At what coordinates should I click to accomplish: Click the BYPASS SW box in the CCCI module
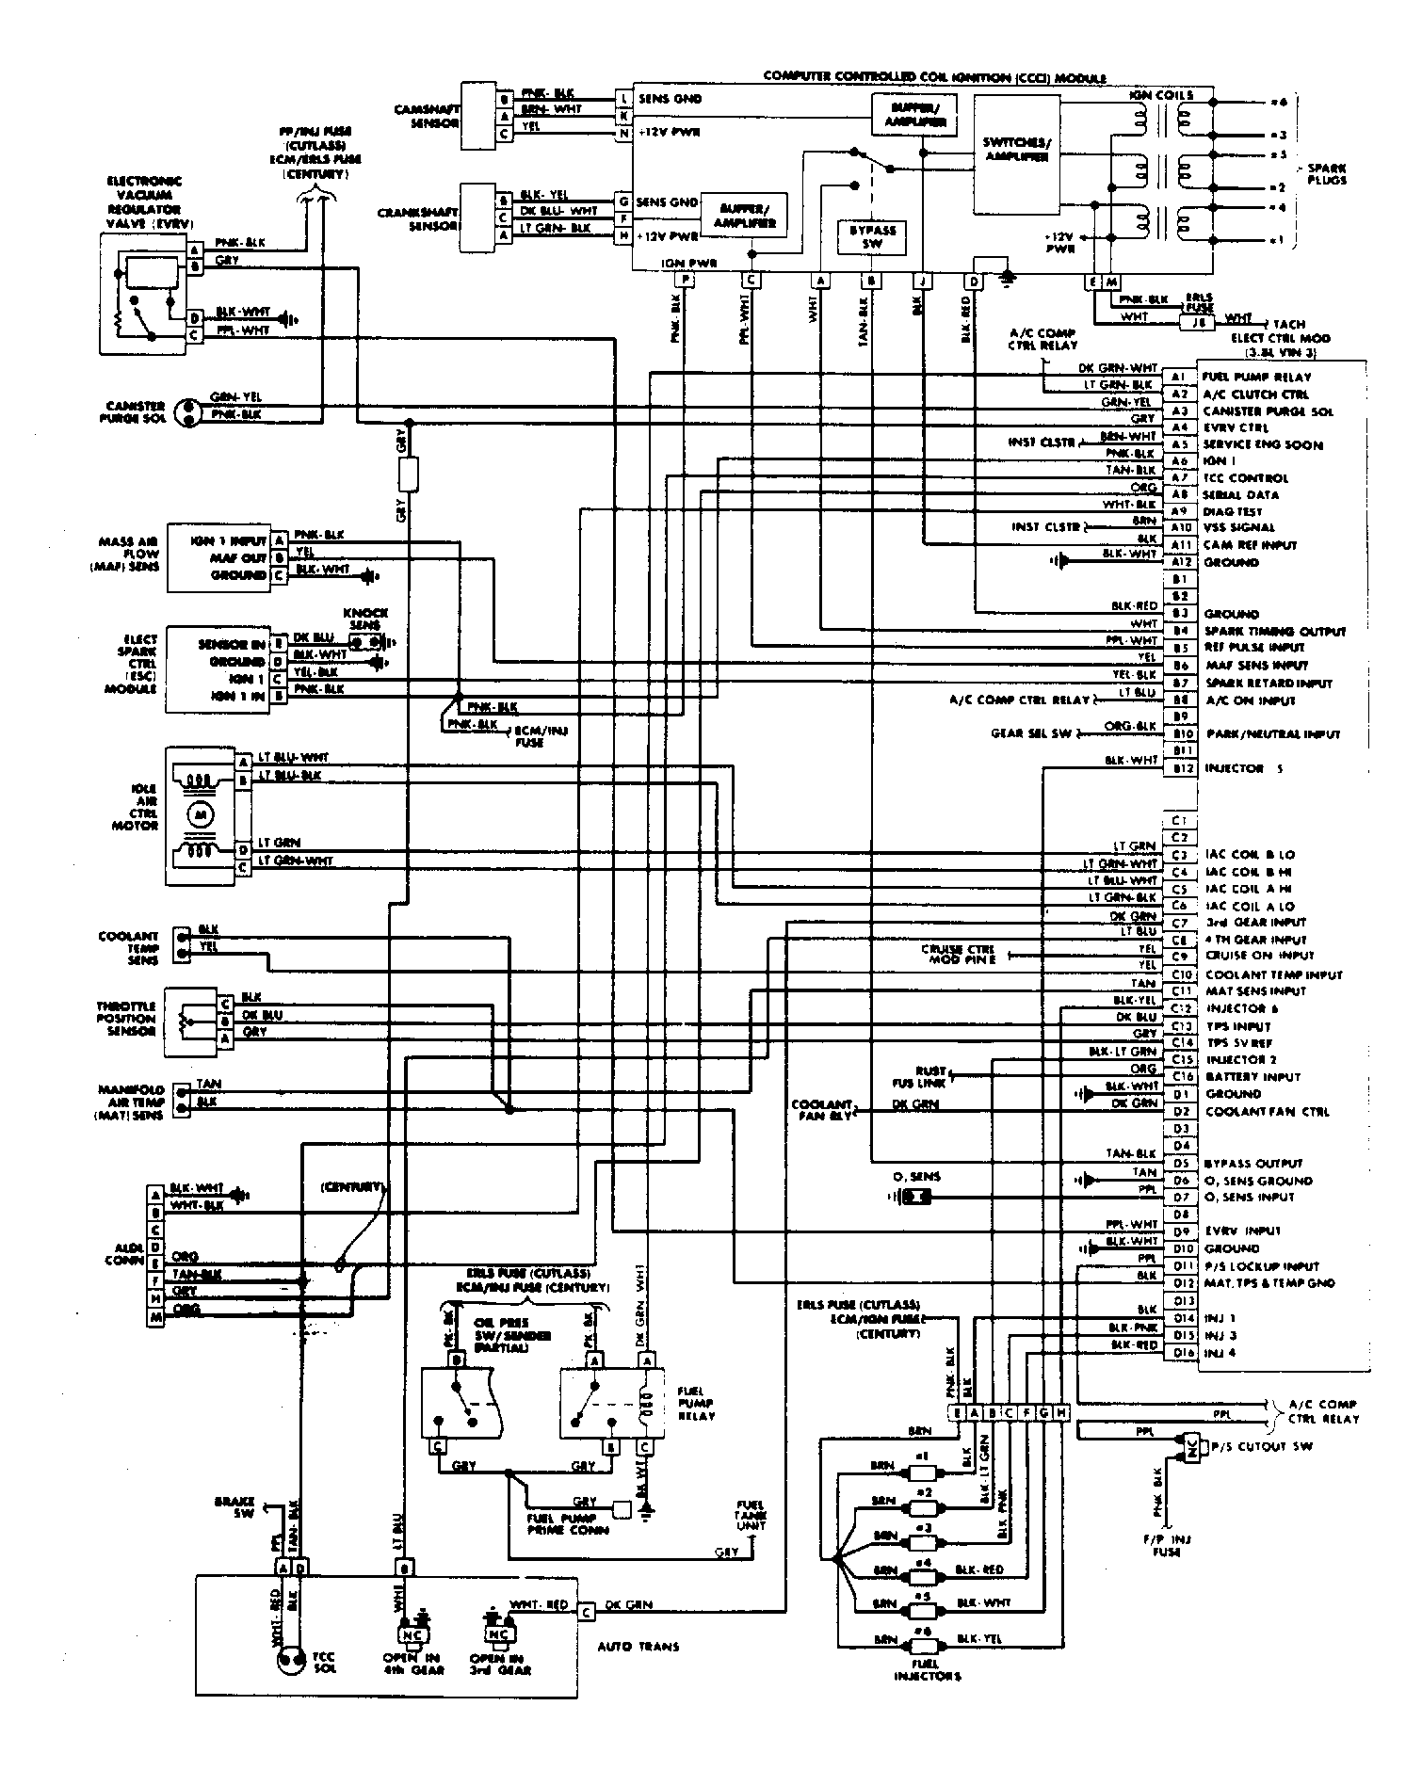[x=872, y=236]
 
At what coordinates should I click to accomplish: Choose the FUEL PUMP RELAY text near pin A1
[x=1256, y=377]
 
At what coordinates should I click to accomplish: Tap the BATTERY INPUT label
[x=1252, y=1076]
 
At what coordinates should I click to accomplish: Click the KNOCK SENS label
[x=366, y=619]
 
